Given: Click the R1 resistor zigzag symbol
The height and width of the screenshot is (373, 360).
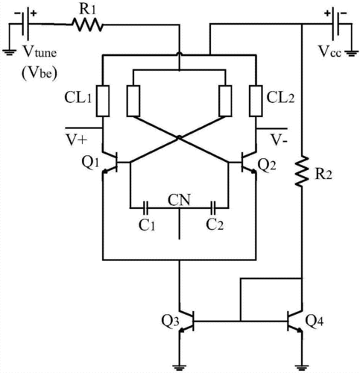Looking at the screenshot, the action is click(87, 25).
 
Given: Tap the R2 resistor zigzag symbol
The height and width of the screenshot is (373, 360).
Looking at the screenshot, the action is click(302, 171).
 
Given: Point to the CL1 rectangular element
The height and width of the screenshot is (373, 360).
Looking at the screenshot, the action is click(103, 101).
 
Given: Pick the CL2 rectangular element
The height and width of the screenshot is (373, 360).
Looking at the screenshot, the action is click(256, 101).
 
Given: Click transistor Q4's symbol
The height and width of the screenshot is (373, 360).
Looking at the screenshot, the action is click(295, 321).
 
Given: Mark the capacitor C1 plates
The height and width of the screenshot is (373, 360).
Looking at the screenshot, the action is click(146, 207).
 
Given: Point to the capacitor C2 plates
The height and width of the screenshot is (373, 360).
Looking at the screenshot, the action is click(213, 207).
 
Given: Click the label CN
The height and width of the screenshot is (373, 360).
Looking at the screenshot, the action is click(179, 200).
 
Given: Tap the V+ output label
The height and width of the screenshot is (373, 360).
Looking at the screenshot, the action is click(76, 140).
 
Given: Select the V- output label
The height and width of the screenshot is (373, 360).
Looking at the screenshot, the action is click(280, 140).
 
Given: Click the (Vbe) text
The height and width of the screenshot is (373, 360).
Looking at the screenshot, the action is click(40, 74).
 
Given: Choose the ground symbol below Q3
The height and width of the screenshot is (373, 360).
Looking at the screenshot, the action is click(180, 368).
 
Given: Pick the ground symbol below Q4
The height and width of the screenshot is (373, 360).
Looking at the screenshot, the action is click(302, 368).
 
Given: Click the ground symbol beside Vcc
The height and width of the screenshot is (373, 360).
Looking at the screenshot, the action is click(351, 53).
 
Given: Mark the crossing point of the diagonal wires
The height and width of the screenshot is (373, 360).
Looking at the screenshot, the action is click(179, 137).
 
